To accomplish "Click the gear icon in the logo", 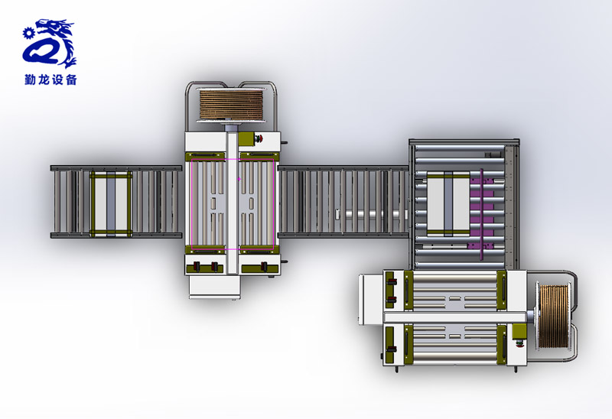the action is tap(28, 33).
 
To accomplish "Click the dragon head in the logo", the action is tap(54, 28).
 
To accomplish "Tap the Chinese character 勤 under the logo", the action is tap(30, 80).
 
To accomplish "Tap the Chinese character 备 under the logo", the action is tap(71, 80).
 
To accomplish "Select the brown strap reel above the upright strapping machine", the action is tap(231, 105).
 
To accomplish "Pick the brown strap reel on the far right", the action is tap(554, 317).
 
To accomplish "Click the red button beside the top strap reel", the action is tap(259, 138).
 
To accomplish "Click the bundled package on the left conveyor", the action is tap(111, 203).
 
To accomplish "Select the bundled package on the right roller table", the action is tap(448, 203).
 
